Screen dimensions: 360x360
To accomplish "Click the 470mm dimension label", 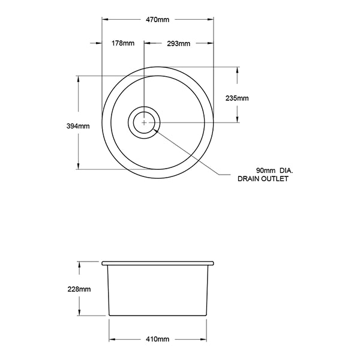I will click(158, 20).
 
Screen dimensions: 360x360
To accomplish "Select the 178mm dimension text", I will click(123, 43).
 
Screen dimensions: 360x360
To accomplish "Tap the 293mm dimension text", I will click(179, 43).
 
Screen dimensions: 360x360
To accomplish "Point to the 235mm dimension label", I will click(236, 98).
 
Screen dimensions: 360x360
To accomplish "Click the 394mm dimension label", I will click(79, 126).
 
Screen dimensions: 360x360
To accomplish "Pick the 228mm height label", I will click(79, 289).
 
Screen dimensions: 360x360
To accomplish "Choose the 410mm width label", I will click(158, 339).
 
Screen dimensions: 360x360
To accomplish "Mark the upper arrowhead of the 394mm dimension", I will click(79, 79).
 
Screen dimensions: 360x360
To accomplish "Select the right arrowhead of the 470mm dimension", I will click(212, 20).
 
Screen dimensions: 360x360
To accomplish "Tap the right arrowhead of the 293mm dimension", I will click(212, 43).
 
